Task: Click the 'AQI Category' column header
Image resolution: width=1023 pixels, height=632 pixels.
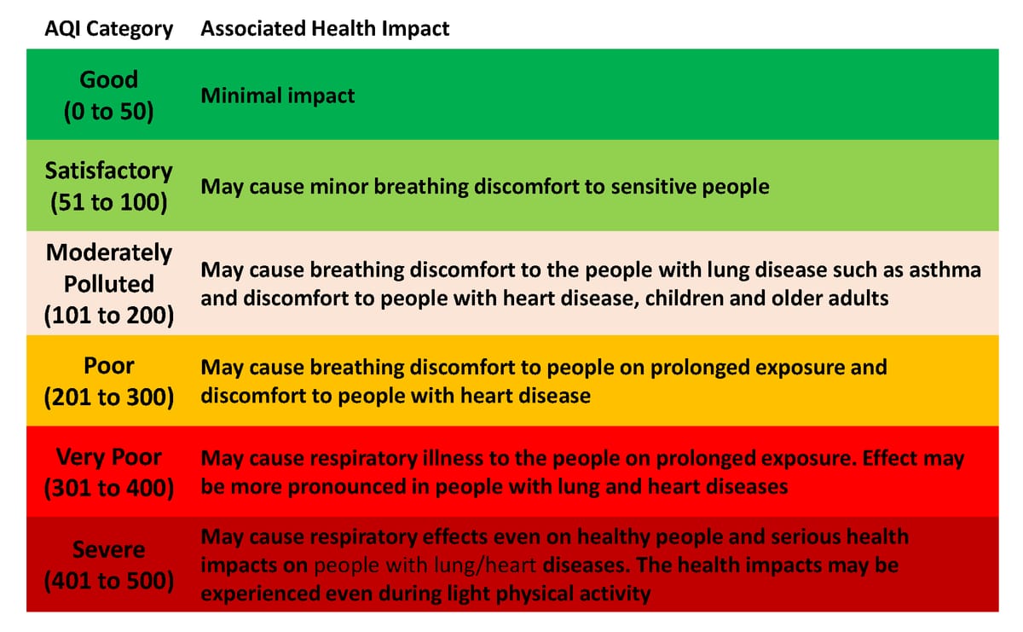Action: point(109,29)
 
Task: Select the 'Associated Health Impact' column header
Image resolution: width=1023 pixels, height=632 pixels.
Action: point(325,28)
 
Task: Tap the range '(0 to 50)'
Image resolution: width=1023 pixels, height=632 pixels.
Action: point(109,112)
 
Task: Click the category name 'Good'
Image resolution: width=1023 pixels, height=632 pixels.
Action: point(109,79)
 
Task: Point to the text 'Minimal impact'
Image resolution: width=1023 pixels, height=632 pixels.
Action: point(278,96)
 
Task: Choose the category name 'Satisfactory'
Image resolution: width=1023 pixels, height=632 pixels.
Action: point(109,171)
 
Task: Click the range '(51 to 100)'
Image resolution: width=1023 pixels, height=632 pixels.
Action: point(109,202)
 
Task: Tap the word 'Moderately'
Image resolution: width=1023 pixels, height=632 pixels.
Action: point(109,252)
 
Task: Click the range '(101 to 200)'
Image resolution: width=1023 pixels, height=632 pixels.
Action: point(109,316)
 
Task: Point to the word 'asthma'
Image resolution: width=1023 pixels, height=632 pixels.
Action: point(945,270)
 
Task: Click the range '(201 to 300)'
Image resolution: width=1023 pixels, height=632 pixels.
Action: point(109,397)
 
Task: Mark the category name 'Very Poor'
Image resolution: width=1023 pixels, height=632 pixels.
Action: point(109,457)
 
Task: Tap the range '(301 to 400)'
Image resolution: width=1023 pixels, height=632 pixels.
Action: point(109,488)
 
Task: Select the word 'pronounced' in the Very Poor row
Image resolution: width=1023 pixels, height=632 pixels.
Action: point(347,487)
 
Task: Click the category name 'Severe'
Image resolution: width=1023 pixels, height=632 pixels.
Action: point(109,549)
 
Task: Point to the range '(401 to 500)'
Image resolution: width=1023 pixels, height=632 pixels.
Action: point(109,581)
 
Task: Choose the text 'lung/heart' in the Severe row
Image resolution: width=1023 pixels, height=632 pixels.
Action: point(484,565)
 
